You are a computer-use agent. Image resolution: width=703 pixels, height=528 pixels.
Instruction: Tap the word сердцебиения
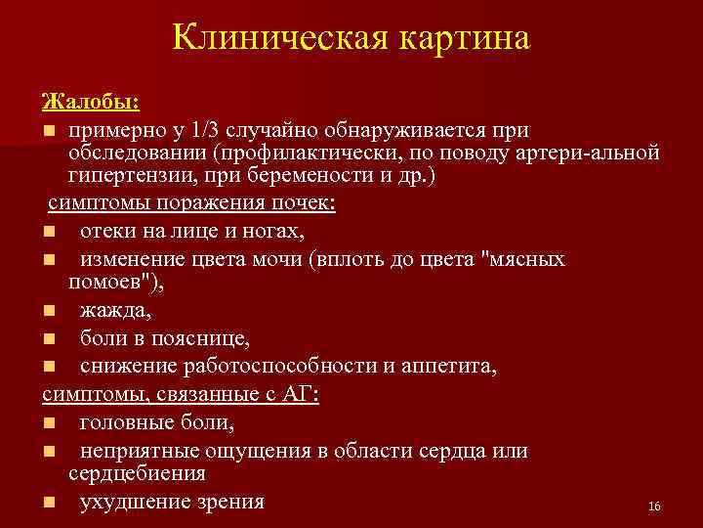(x=137, y=473)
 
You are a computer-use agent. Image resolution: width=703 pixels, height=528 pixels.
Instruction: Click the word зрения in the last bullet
(x=228, y=502)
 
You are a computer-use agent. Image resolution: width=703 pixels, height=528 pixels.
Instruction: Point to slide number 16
(x=654, y=506)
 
